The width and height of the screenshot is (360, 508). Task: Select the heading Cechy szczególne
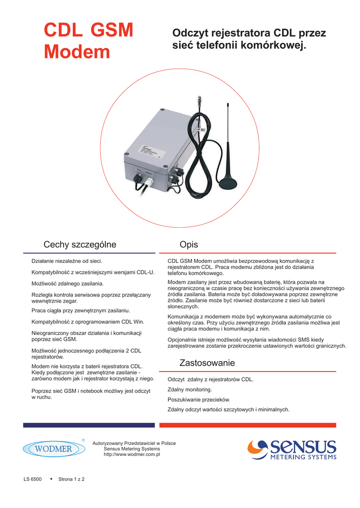[x=80, y=245]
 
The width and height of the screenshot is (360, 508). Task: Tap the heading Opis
[x=189, y=245]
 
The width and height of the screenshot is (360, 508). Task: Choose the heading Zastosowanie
[x=207, y=363]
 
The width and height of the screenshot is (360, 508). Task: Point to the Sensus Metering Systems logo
[x=292, y=449]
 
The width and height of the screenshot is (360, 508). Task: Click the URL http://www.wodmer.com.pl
[x=132, y=454]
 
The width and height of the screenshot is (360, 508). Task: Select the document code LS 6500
[x=32, y=479]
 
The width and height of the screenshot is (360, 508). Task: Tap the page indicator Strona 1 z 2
[x=72, y=479]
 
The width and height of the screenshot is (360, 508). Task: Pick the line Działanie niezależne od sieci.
[x=67, y=260]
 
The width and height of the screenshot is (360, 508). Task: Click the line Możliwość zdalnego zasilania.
[x=68, y=283]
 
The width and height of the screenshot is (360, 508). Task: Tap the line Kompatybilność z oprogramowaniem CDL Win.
[x=87, y=322]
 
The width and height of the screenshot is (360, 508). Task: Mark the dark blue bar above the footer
[x=89, y=425]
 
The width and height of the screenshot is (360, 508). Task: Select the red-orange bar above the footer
[x=248, y=425]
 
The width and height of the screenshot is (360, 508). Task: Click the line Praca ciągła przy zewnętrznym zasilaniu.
[x=80, y=310]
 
